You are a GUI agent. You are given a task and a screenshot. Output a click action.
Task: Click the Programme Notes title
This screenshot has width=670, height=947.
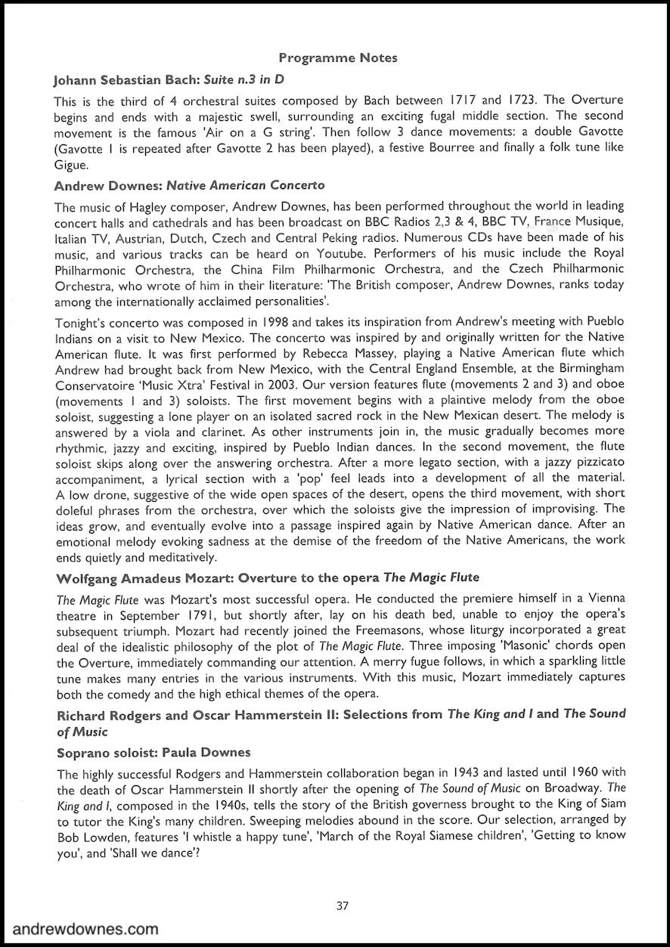click(x=338, y=57)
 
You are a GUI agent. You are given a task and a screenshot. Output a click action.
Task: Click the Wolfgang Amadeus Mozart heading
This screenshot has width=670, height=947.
click(x=268, y=577)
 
